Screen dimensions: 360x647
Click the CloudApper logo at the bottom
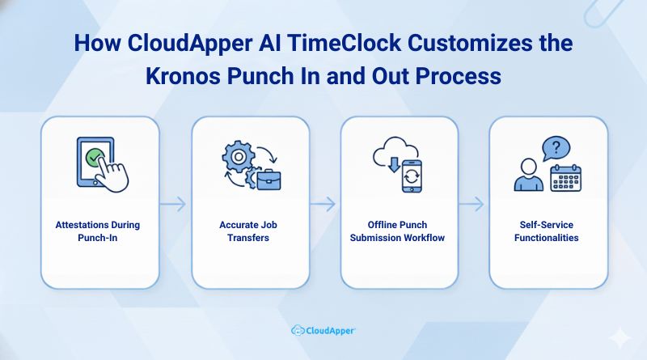[323, 330]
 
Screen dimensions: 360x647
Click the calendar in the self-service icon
[566, 177]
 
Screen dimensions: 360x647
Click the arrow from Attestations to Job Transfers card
[175, 203]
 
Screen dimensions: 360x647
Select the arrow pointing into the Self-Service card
[473, 203]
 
